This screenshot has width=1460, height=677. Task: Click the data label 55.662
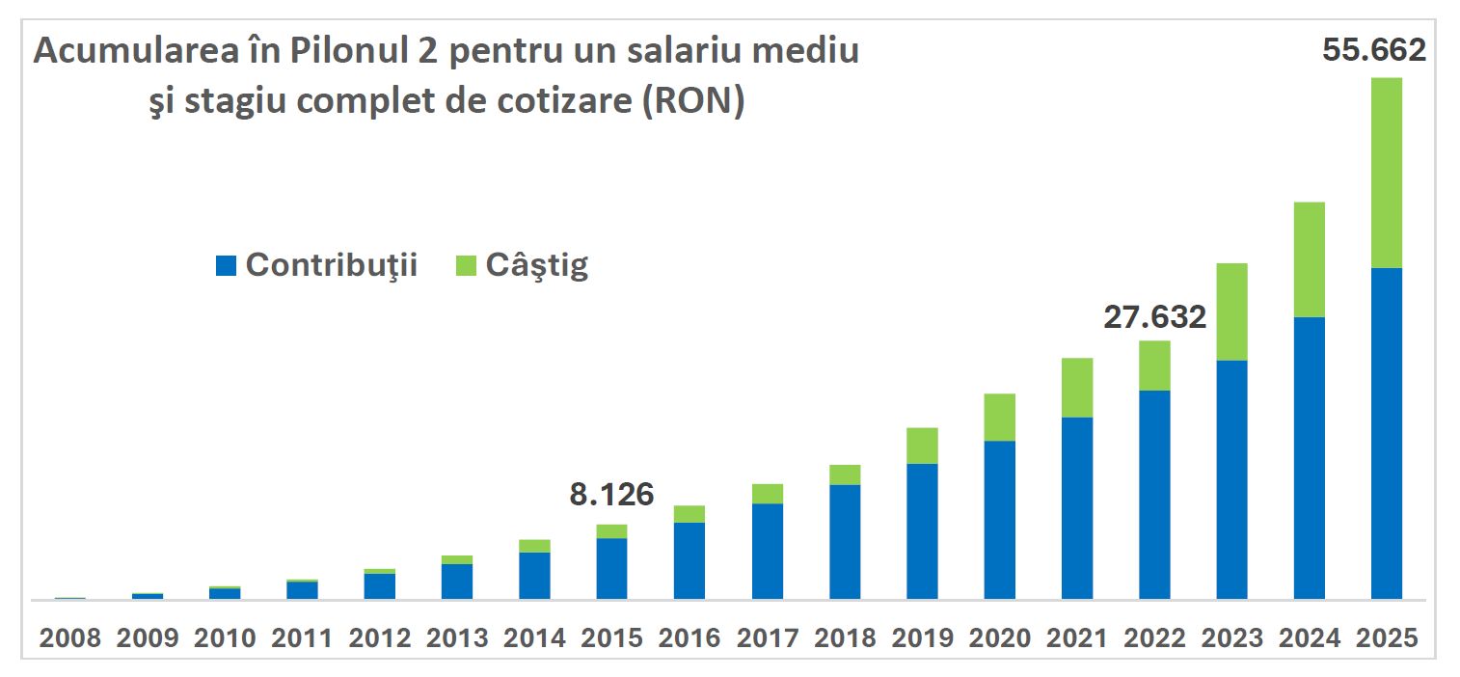coord(1373,50)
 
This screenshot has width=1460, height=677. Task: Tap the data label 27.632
coord(1154,317)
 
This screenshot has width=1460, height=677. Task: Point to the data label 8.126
coord(611,495)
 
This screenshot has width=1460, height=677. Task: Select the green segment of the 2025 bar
coord(1386,173)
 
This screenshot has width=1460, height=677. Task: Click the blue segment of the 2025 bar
coord(1386,434)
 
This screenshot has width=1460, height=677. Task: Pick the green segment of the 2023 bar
coord(1231,311)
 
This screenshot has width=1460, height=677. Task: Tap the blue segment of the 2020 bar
coord(999,520)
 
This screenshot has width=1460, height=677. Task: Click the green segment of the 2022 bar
coord(1154,366)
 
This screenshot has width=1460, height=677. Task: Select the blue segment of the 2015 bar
coord(611,569)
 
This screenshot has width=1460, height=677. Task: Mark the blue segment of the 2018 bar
coord(845,542)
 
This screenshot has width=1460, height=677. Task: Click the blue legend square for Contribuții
coord(226,266)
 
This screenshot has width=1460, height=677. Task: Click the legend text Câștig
coord(536,265)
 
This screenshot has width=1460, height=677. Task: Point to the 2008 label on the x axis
coord(69,638)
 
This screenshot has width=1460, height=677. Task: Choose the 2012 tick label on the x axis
coord(379,638)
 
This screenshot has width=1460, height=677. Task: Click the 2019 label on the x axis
coord(922,638)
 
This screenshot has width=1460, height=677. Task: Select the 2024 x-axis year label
coord(1309,638)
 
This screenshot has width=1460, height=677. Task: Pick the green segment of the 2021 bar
coord(1077,387)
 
